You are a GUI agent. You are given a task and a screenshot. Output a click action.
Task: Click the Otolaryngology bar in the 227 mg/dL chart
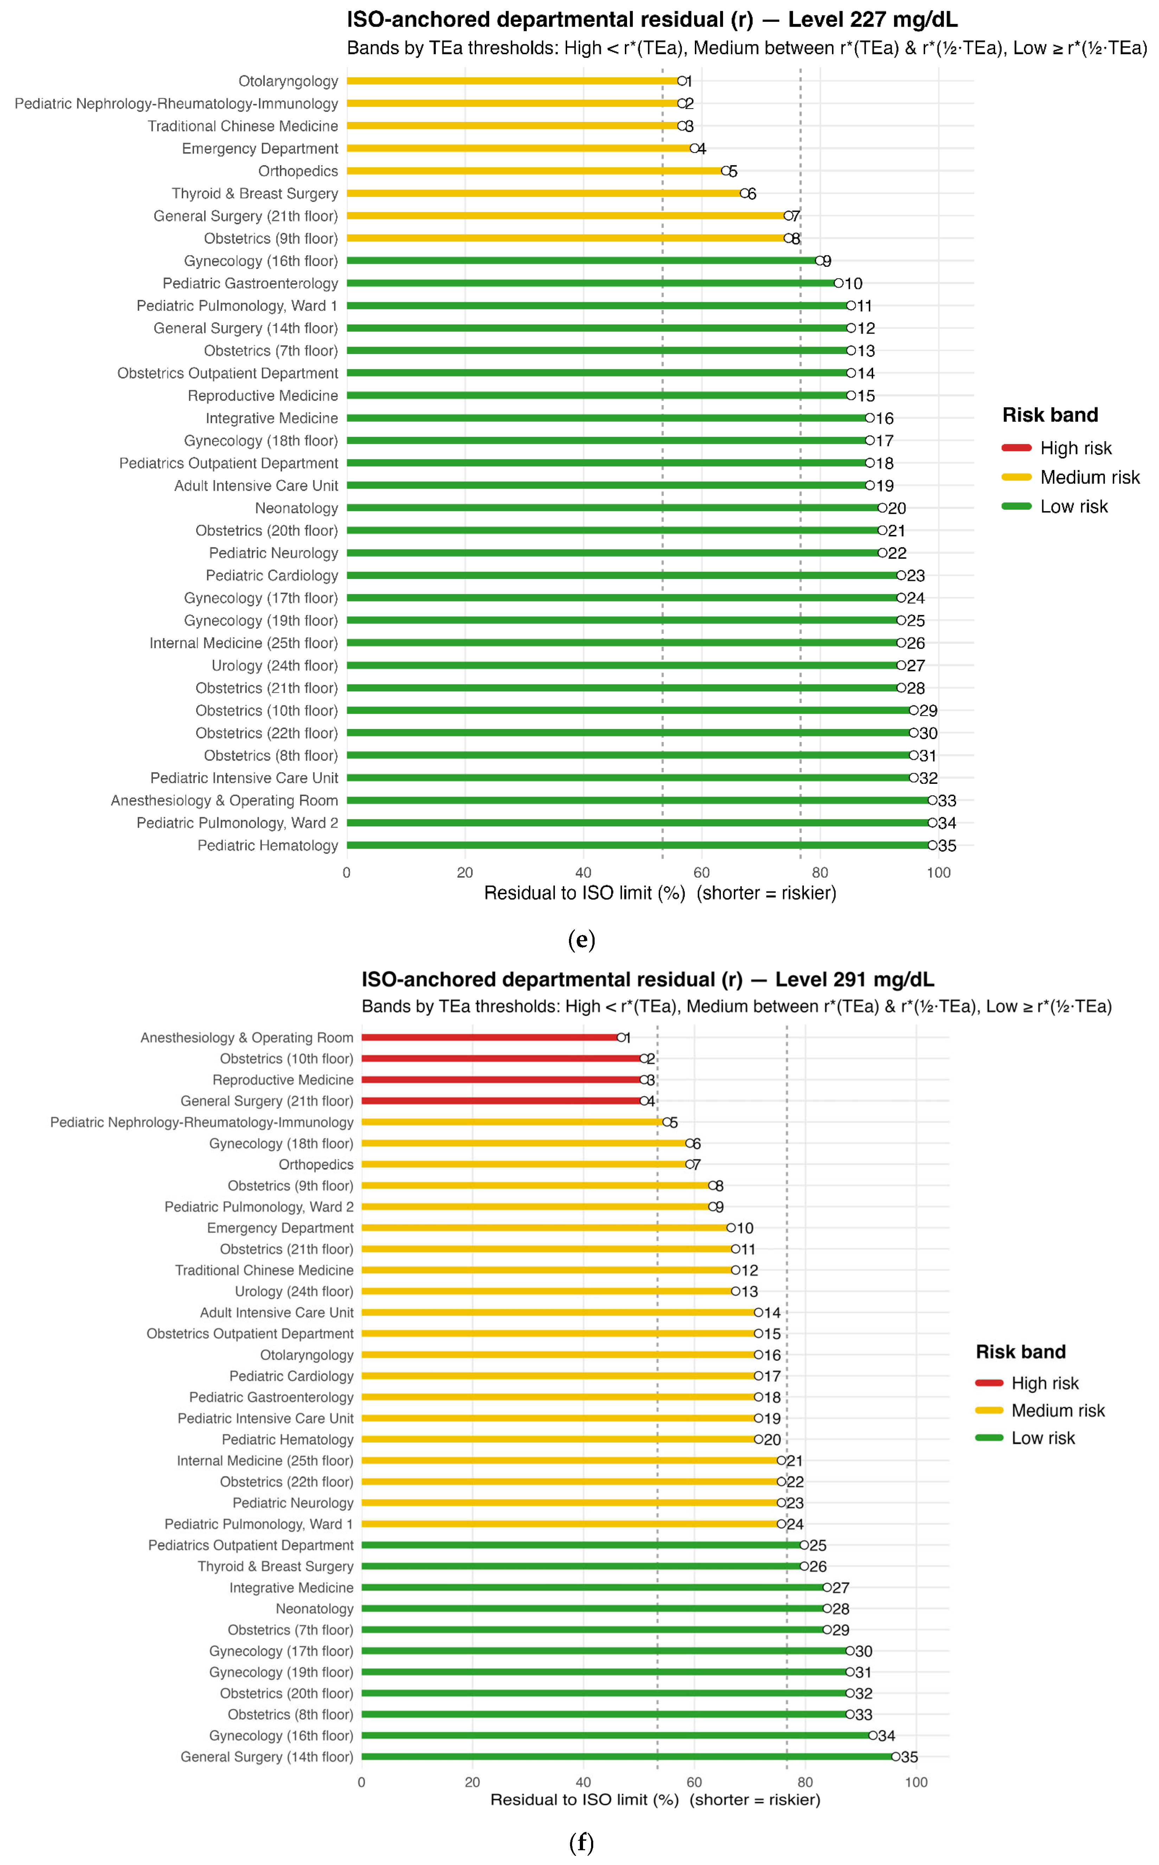(x=514, y=81)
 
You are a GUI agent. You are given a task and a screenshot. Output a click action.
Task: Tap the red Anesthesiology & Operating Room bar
(x=491, y=1038)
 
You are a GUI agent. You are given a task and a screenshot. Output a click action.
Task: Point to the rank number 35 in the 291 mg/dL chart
(x=910, y=1757)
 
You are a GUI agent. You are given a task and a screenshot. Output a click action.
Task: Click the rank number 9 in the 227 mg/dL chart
(x=827, y=261)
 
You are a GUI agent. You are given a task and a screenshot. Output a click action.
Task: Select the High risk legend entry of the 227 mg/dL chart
(x=1075, y=448)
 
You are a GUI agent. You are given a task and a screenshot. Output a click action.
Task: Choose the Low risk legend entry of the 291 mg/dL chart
(x=1043, y=1438)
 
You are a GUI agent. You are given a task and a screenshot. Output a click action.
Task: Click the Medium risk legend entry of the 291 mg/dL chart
(x=1058, y=1411)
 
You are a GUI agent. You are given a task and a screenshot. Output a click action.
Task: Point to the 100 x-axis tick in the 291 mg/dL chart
(x=916, y=1782)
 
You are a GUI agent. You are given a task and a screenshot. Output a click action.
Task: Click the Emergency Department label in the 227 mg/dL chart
(x=260, y=149)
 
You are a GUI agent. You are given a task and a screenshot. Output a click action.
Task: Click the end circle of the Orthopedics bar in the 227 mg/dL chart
(x=725, y=171)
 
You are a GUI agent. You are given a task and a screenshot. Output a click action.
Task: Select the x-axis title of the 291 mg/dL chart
(x=655, y=1800)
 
